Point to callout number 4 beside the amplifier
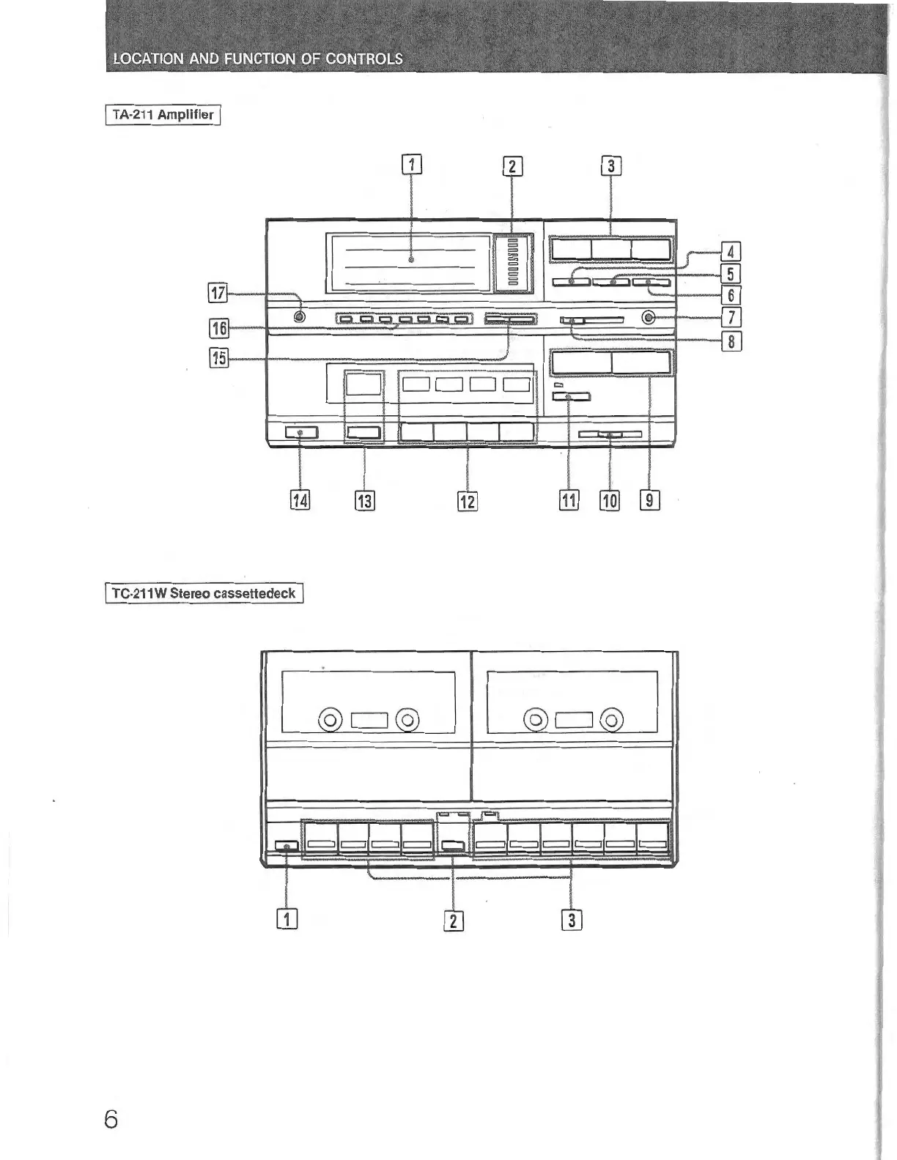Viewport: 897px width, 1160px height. [731, 252]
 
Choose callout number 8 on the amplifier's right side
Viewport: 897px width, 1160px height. [731, 341]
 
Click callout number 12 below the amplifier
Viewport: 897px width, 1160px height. [467, 501]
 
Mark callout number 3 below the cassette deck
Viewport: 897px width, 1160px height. [572, 919]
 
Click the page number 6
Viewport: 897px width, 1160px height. [111, 1120]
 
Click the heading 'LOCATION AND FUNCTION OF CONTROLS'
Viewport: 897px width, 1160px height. [258, 59]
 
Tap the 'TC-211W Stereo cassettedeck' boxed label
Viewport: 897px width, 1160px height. [204, 593]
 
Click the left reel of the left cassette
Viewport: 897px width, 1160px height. [330, 721]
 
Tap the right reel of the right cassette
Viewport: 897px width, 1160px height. [611, 721]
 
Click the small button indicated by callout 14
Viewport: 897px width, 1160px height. [301, 433]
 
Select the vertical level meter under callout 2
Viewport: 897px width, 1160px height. [512, 264]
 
